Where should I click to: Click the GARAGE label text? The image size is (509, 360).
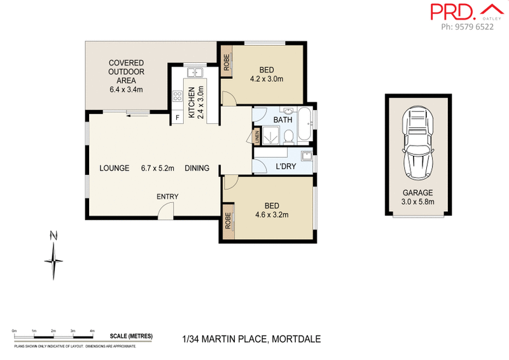(x=417, y=193)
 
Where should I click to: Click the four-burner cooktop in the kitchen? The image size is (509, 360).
(x=178, y=97)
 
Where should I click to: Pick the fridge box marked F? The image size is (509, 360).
(x=177, y=118)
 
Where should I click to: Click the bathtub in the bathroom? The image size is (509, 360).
(x=306, y=125)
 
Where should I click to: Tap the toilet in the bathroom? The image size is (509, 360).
(x=288, y=135)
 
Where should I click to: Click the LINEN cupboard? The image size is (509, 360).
(x=257, y=135)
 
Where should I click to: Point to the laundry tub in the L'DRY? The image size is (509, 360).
(x=306, y=156)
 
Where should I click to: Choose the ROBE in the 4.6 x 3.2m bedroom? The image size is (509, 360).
(x=228, y=221)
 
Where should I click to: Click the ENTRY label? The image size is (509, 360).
(x=167, y=197)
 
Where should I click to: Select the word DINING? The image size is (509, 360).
(x=197, y=169)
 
